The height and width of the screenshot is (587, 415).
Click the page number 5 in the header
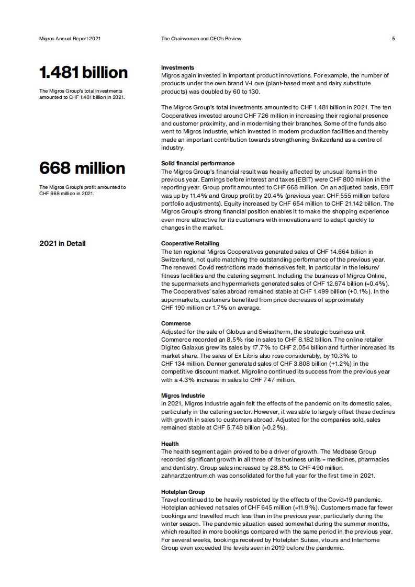pos(393,39)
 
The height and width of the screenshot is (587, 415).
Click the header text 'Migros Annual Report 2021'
pos(70,39)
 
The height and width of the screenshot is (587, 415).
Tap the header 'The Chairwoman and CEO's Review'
pos(201,39)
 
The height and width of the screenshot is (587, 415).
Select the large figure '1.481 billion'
pos(83,72)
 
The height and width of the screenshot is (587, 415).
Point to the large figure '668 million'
pos(82,168)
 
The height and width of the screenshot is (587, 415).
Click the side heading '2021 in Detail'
pos(62,243)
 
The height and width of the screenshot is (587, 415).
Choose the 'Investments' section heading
pos(177,67)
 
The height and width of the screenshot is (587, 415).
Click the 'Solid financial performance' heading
pos(198,163)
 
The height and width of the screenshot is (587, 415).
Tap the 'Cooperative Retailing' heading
pos(190,243)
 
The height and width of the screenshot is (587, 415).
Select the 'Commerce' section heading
pos(176,323)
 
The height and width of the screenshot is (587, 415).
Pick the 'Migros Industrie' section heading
pos(183,396)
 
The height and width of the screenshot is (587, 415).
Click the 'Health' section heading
pos(170,444)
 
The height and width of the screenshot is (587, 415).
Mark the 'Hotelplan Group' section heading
pos(183,492)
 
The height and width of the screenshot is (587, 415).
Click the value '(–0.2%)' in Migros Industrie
pos(274,427)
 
